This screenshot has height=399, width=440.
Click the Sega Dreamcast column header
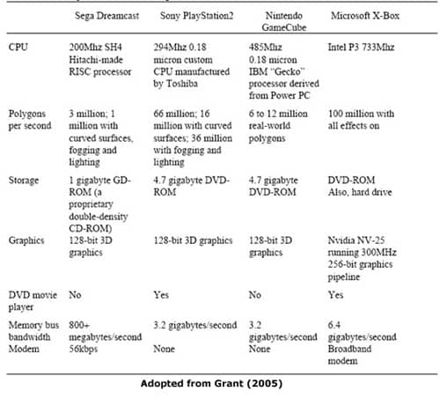106,16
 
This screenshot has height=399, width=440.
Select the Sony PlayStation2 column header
196,16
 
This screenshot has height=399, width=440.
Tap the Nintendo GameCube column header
284,21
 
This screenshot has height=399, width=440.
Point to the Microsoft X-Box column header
365,16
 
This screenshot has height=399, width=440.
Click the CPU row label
18,47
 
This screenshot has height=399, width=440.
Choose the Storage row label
24,180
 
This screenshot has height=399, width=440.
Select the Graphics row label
26,240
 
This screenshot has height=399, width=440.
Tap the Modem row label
24,349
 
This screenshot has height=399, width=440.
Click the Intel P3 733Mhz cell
361,47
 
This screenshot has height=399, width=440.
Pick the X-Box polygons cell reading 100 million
361,120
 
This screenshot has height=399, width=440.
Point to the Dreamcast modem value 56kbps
83,349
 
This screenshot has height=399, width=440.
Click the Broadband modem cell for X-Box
349,355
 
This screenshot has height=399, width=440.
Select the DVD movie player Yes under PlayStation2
161,295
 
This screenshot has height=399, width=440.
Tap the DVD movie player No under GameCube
255,295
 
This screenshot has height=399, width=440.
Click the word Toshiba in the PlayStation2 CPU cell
182,84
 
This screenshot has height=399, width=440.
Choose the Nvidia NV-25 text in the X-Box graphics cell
356,240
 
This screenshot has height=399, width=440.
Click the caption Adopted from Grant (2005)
211,383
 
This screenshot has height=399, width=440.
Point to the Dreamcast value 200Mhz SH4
95,47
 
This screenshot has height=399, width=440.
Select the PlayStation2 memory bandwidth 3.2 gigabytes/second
195,325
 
